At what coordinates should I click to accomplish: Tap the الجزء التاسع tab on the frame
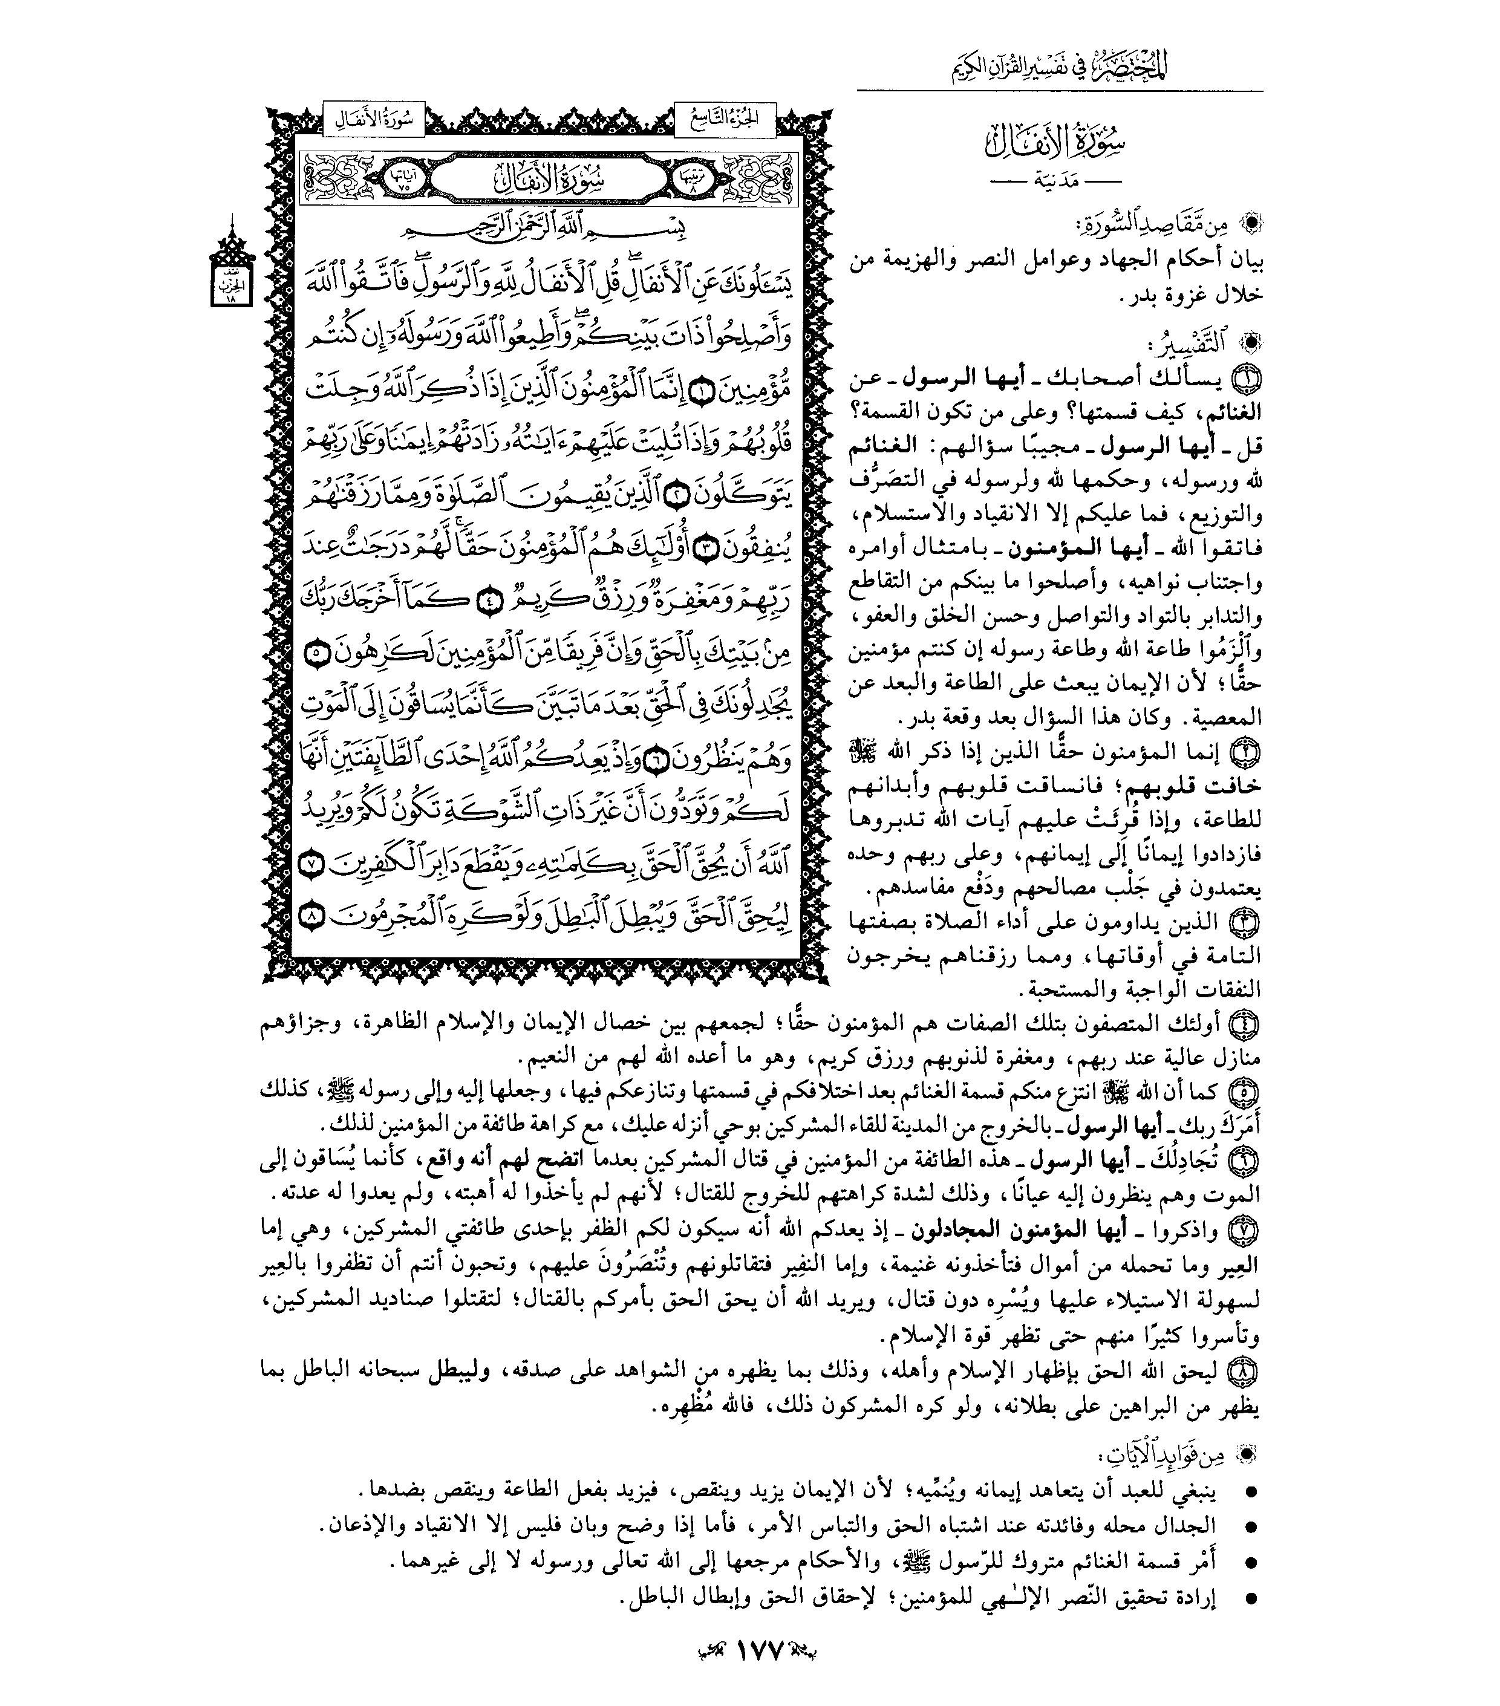click(x=725, y=120)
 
